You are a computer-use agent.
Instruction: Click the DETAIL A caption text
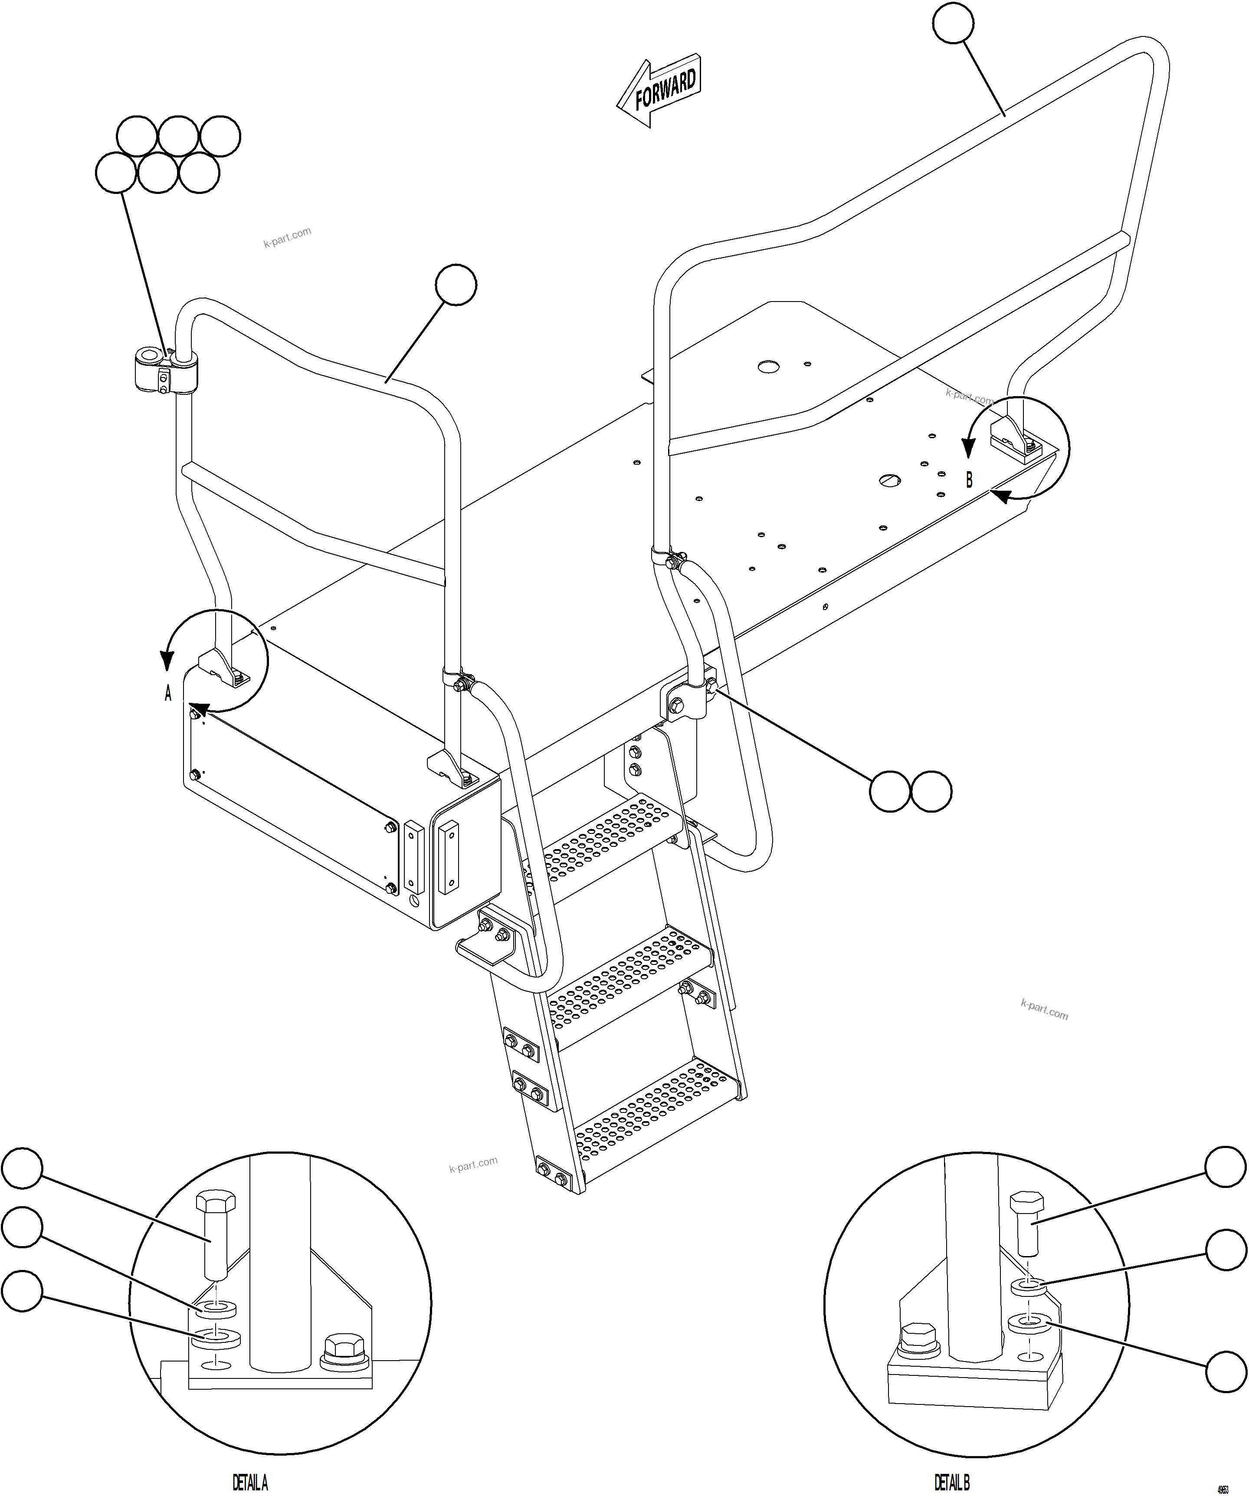click(250, 1483)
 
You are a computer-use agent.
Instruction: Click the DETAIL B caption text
click(951, 1483)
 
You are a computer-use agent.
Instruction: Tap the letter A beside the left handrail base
click(168, 693)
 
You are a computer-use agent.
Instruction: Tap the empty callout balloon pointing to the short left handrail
click(456, 285)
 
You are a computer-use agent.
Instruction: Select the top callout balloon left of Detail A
click(22, 1168)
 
